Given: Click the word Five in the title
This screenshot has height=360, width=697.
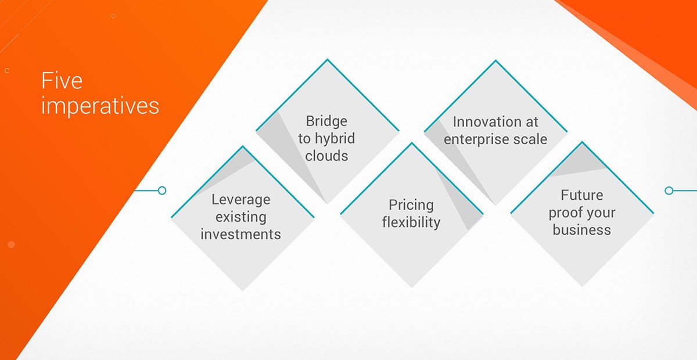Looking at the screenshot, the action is [62, 81].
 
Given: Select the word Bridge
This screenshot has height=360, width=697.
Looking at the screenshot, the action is [326, 121].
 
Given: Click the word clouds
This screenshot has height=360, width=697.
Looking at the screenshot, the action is [326, 156].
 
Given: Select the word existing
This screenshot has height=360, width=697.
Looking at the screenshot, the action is [241, 217].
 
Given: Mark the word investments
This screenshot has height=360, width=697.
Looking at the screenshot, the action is [240, 235].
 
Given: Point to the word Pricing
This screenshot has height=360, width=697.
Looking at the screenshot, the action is [411, 206].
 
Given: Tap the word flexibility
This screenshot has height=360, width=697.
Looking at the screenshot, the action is [411, 222].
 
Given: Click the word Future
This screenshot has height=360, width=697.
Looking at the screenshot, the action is [582, 195].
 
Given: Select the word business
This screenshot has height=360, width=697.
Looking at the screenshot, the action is [581, 230].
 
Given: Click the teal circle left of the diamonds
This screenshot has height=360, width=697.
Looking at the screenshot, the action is [162, 190].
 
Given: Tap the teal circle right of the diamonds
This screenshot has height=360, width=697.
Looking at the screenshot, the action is [669, 190].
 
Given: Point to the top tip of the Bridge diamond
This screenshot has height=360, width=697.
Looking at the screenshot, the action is [328, 59].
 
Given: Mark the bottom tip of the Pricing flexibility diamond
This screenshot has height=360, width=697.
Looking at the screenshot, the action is [412, 287].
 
